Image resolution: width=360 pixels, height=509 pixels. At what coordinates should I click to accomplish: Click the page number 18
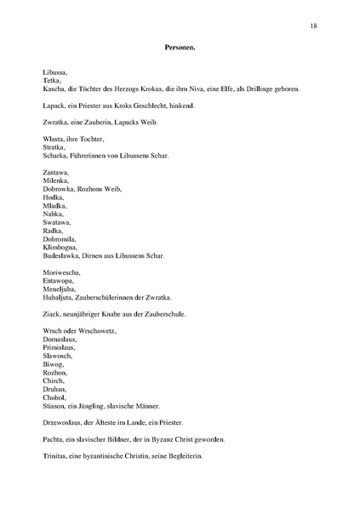tap(314, 26)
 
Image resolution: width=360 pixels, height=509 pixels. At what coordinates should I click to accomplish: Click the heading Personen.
tap(180, 49)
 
